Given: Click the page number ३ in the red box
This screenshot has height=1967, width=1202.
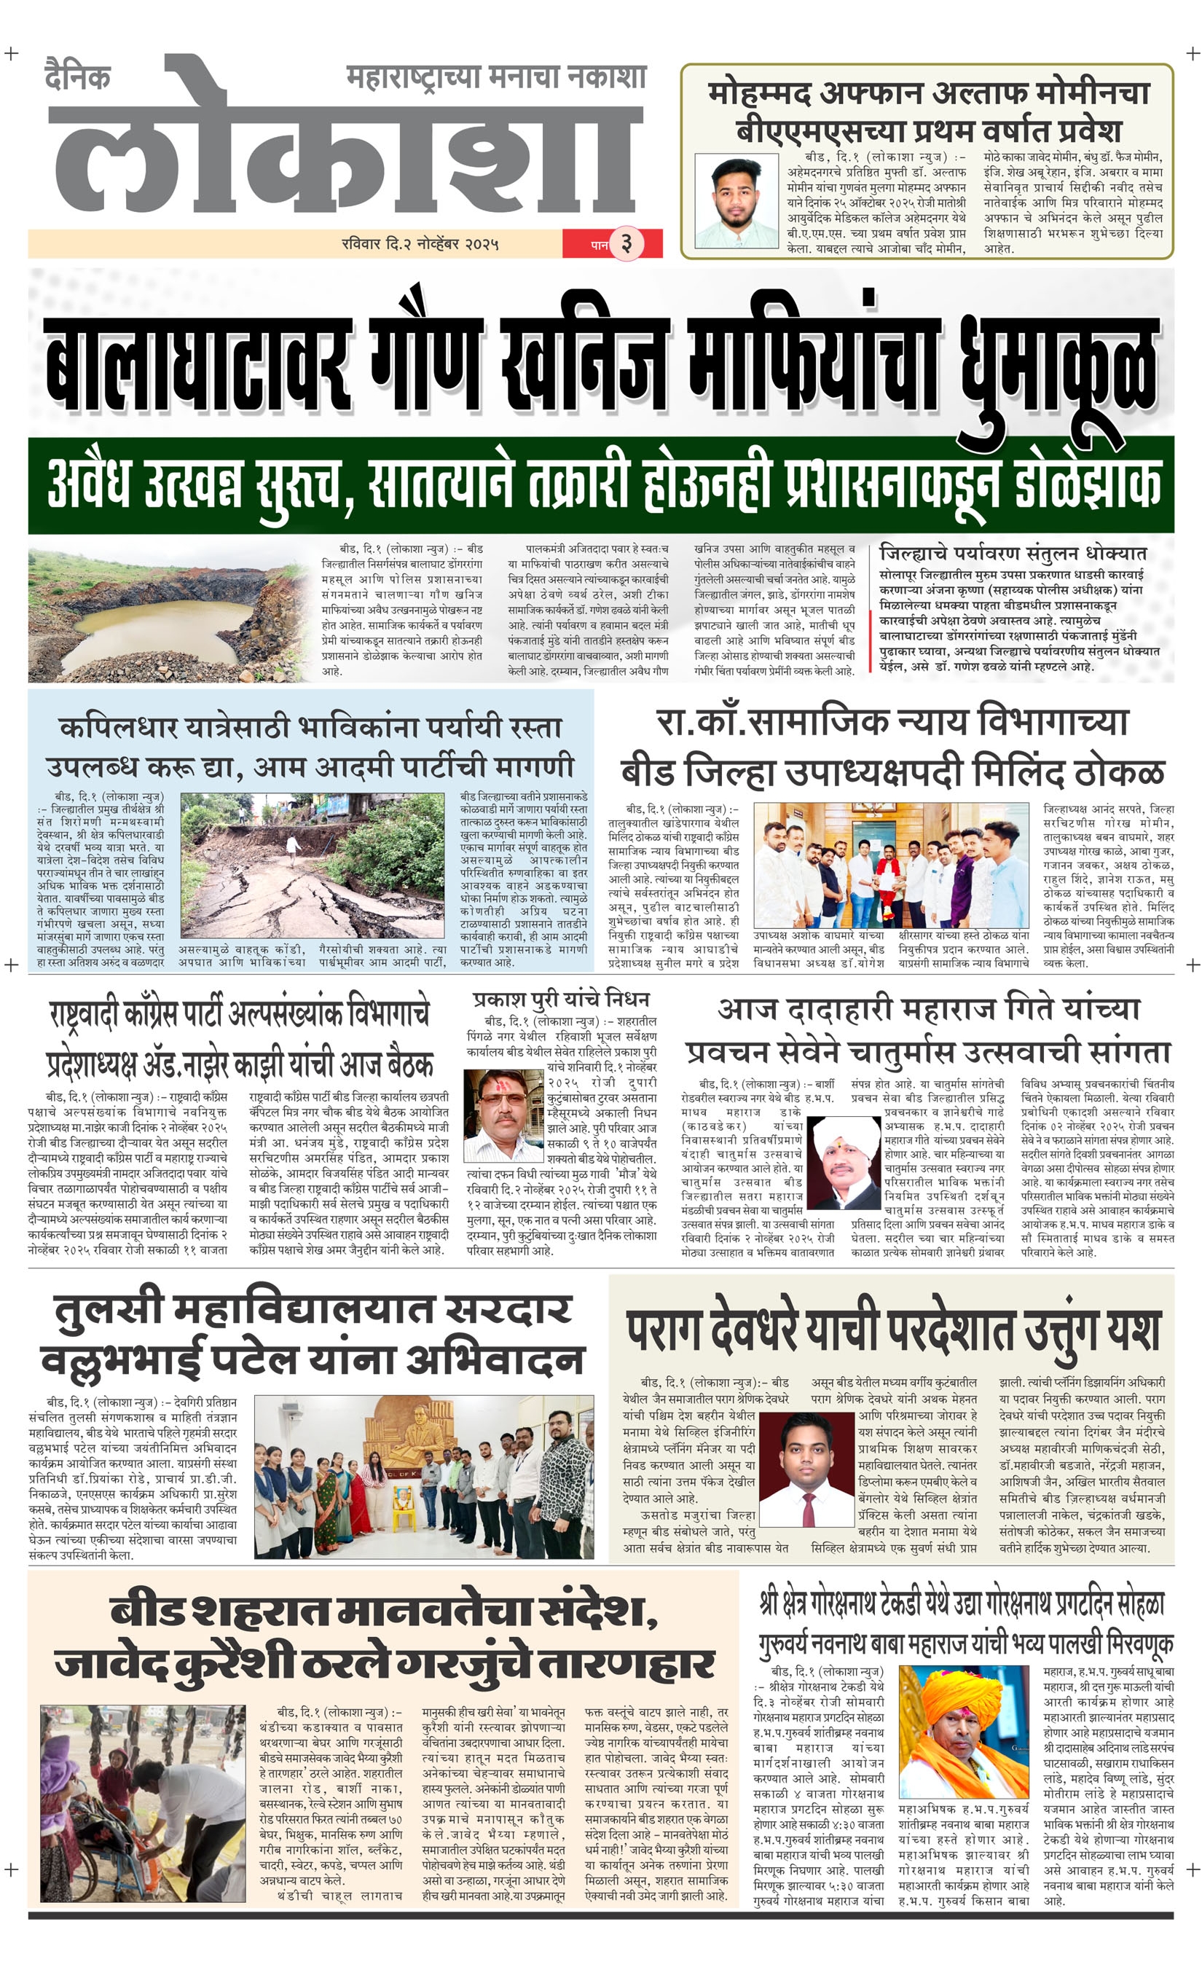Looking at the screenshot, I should (x=626, y=243).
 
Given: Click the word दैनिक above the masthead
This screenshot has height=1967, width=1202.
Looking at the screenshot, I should (x=77, y=76).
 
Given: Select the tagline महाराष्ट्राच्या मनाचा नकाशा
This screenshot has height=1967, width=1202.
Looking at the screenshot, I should (x=495, y=76).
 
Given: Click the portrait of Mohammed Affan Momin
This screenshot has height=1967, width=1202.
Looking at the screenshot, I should (x=735, y=201).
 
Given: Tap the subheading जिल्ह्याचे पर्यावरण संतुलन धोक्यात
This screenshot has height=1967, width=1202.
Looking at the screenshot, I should (x=1012, y=552).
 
